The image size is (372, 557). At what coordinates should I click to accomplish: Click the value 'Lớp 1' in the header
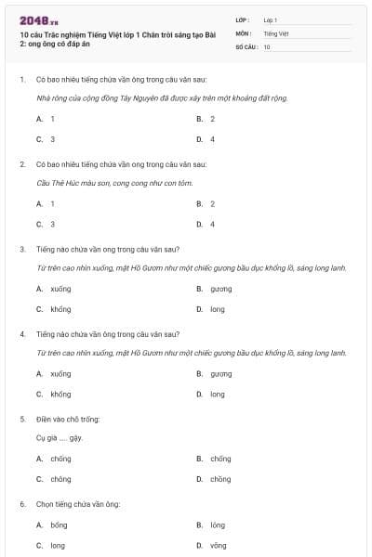271,19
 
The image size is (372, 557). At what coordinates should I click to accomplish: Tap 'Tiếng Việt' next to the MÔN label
275,32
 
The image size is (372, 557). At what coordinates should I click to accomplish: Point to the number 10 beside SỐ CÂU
267,46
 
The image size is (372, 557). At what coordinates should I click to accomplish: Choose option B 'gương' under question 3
220,289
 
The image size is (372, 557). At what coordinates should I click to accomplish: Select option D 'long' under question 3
217,309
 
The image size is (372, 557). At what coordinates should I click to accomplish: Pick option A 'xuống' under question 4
60,373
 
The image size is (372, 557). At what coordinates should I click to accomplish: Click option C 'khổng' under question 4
60,394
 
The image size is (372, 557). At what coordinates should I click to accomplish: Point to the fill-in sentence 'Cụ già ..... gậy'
59,437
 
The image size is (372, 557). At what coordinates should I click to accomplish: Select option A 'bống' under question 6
59,525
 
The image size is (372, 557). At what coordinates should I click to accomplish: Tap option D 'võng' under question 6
218,545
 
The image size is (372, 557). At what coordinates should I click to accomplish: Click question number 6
22,504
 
